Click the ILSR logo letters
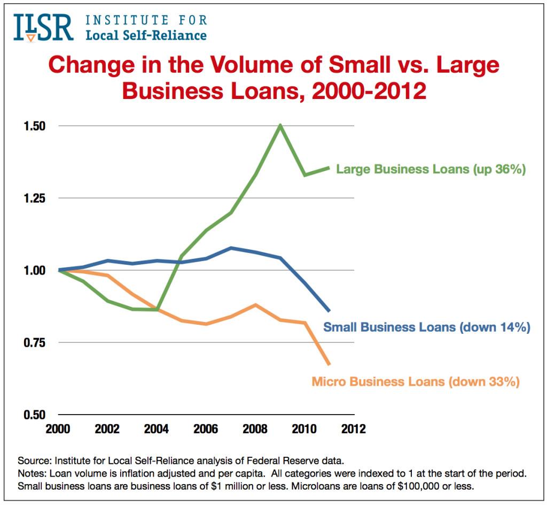(43, 28)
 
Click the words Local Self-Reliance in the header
(146, 36)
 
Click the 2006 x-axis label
(206, 429)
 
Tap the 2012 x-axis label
(354, 429)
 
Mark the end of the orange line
(329, 364)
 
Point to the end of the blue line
(329, 310)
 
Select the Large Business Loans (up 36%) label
(431, 170)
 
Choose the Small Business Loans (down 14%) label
(427, 327)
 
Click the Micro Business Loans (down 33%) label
(415, 382)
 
